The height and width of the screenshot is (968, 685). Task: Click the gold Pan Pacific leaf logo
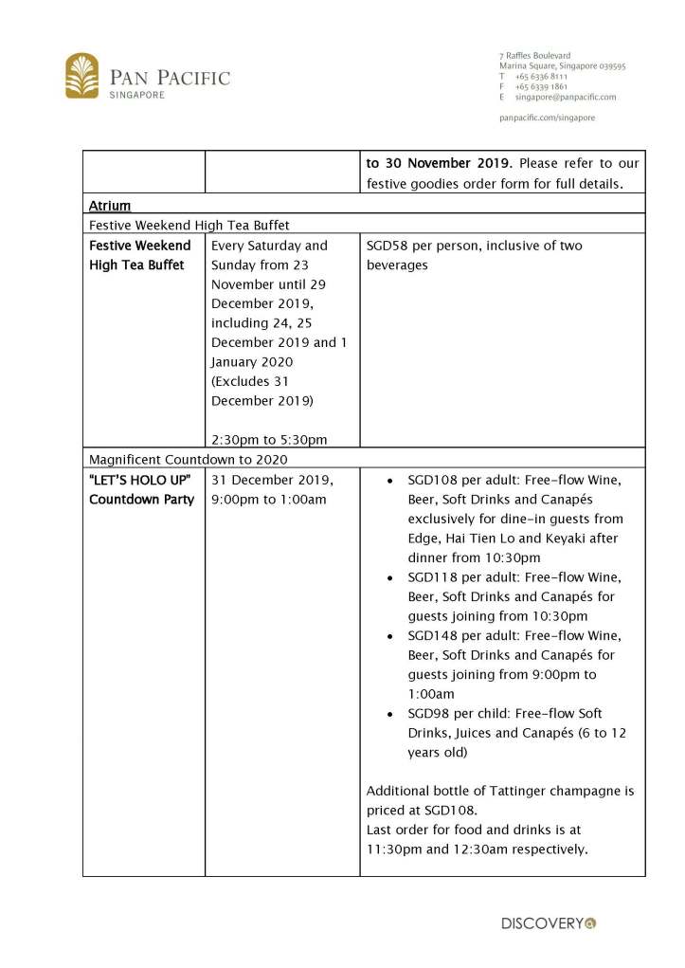coord(82,76)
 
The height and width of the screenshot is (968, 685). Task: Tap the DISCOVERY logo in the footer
coord(549,922)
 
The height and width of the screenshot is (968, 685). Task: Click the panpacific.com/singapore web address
coord(547,118)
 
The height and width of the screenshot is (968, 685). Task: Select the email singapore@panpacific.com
coord(565,97)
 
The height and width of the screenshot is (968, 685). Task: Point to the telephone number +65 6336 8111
coord(541,76)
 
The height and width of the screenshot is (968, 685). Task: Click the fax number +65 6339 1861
coord(541,86)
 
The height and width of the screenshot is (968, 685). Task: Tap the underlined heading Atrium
coord(110,205)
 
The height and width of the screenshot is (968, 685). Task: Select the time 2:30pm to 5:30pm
coord(269,439)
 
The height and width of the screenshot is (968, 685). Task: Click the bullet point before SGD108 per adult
coord(392,481)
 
